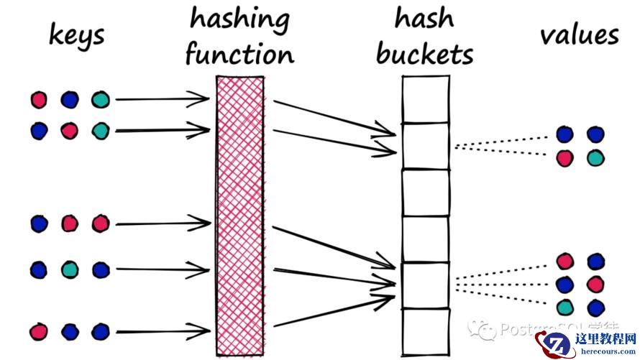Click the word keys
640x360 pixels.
[76, 34]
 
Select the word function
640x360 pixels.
[239, 55]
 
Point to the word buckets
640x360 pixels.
[425, 55]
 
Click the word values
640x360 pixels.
[579, 34]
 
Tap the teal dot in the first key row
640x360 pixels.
[100, 100]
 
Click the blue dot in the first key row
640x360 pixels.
[69, 100]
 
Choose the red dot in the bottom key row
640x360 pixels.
[39, 331]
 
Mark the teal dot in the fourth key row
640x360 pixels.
[69, 269]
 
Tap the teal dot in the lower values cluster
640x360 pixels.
[565, 307]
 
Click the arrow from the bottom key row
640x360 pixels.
[162, 331]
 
